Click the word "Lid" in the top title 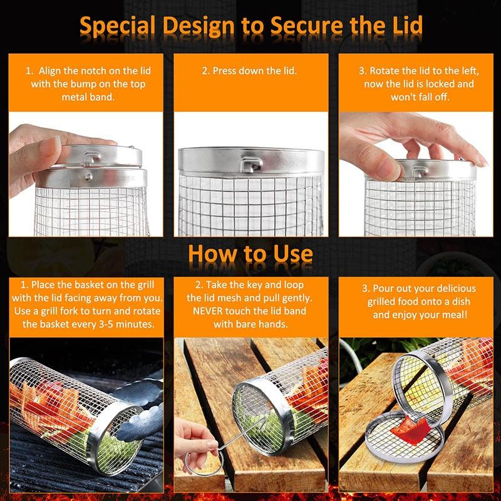(400, 26)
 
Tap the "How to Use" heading (250, 253)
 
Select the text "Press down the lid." (249, 71)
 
